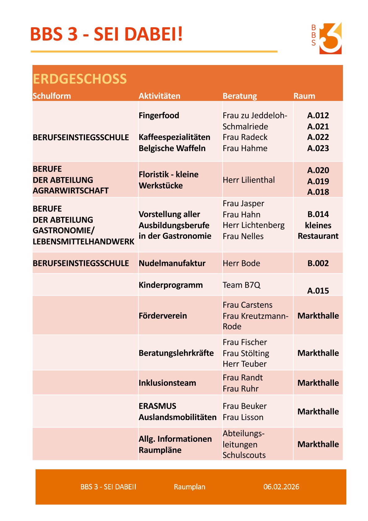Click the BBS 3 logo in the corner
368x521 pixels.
[327, 38]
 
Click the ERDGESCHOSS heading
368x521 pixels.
[80, 79]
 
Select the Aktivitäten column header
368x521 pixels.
[159, 96]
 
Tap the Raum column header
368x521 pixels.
[304, 96]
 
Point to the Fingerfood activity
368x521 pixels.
[159, 115]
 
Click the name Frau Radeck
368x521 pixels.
[245, 137]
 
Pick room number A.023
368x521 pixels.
[318, 148]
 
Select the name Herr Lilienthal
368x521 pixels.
[249, 180]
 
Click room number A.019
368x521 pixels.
[318, 181]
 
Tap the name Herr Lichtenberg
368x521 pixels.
[254, 225]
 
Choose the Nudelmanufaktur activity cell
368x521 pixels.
[172, 263]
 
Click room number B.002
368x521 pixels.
[318, 263]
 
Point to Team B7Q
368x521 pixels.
[242, 285]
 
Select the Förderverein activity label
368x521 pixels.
[163, 316]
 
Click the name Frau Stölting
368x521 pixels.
[246, 353]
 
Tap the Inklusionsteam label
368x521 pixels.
[167, 383]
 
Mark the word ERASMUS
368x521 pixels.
[157, 406]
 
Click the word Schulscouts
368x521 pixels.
[244, 455]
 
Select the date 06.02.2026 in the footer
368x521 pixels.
[281, 487]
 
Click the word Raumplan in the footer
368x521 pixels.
[190, 487]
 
